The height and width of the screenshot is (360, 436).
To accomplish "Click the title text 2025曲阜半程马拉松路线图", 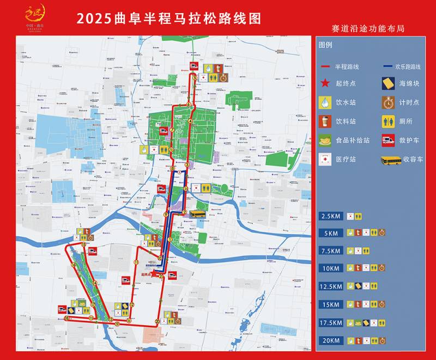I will click(169, 18).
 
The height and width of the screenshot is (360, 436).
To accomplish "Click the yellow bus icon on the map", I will click(197, 214).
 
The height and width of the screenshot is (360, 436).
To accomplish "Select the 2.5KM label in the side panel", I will click(331, 216).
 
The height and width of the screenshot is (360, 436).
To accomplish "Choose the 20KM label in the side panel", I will click(331, 340).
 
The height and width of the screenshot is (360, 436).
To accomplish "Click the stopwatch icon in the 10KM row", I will click(382, 268).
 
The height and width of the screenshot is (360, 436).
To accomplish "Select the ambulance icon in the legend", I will click(389, 141).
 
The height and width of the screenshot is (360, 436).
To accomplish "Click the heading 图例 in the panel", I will click(325, 45).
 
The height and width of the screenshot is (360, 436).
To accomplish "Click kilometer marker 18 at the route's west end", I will click(66, 319).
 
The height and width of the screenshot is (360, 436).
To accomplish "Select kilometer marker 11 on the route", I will click(136, 262).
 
